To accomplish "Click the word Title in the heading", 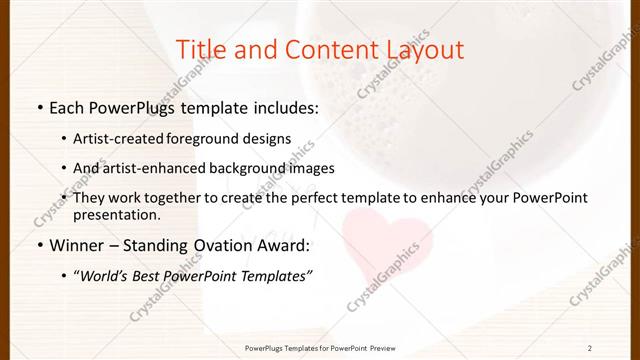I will (200, 50).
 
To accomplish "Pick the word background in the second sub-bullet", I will (254, 169).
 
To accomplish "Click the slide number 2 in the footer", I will (591, 348).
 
